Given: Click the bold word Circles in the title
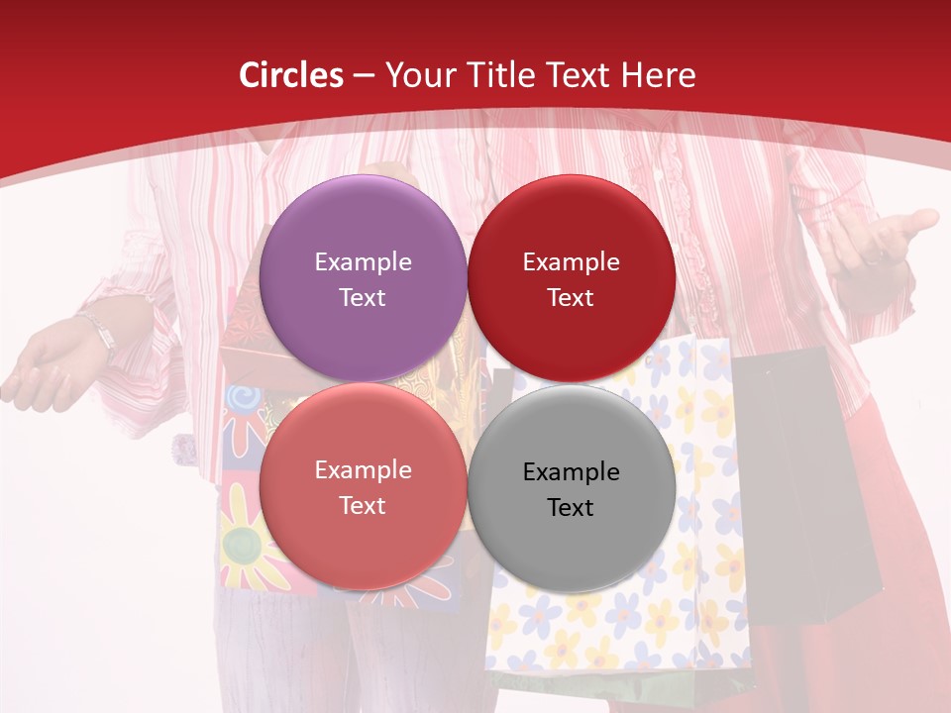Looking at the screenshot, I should (290, 75).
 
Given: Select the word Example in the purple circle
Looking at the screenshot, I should (363, 262).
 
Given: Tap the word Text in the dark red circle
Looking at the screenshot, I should (571, 297).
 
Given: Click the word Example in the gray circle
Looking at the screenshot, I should (571, 471).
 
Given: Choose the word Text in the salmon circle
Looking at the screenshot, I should (363, 505).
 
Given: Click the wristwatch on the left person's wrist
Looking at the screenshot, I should (99, 332).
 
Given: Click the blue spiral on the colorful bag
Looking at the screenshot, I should (241, 400).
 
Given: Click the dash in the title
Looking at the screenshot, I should (364, 75).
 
